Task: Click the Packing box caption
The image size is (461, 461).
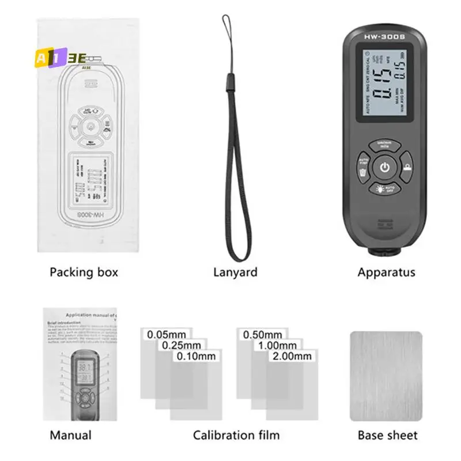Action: pyautogui.click(x=84, y=272)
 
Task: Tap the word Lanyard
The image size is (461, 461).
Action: pyautogui.click(x=235, y=272)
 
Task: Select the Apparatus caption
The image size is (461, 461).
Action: pyautogui.click(x=386, y=272)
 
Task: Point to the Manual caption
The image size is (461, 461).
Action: pyautogui.click(x=70, y=435)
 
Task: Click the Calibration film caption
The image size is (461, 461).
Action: pyautogui.click(x=236, y=435)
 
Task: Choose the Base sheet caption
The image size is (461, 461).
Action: pyautogui.click(x=387, y=435)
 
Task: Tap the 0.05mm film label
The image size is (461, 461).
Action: pyautogui.click(x=166, y=334)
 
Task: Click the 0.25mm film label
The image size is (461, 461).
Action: pyautogui.click(x=181, y=345)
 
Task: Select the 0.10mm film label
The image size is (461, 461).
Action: pyautogui.click(x=196, y=356)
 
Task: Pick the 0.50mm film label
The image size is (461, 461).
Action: pyautogui.click(x=262, y=334)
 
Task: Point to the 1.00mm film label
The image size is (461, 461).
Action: pyautogui.click(x=277, y=345)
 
